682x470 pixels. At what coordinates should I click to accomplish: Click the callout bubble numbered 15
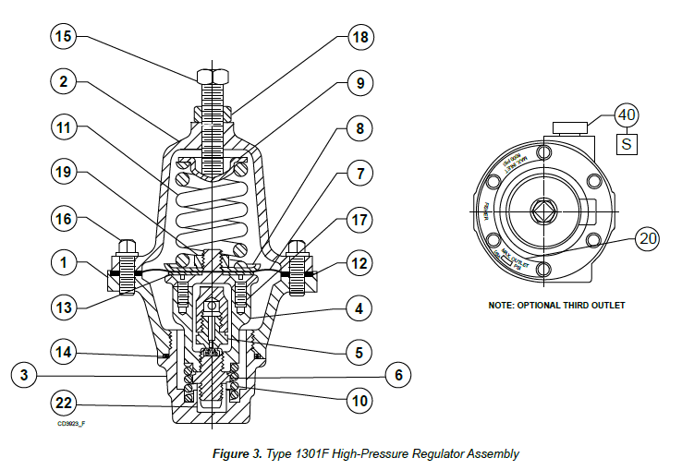pyautogui.click(x=64, y=38)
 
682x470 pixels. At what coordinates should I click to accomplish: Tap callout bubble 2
pyautogui.click(x=64, y=82)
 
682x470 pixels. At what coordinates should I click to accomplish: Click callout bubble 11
pyautogui.click(x=64, y=127)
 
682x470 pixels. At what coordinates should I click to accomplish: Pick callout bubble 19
pyautogui.click(x=64, y=172)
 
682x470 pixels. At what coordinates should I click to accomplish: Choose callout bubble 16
pyautogui.click(x=64, y=220)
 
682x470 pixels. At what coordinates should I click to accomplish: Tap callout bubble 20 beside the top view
pyautogui.click(x=651, y=238)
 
